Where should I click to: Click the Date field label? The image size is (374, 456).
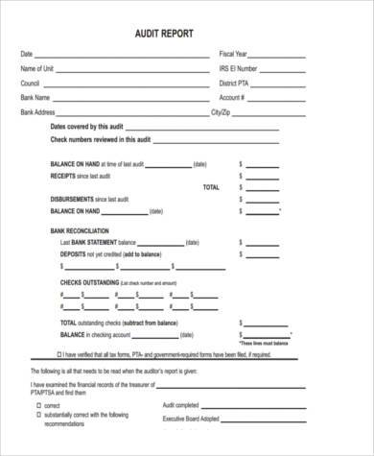[x=26, y=54]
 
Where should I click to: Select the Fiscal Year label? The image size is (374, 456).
[x=233, y=54]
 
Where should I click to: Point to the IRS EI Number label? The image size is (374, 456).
[x=238, y=68]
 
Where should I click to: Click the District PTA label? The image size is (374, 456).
[x=234, y=84]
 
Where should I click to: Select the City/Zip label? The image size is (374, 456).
[x=222, y=112]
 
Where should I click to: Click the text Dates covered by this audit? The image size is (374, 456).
[x=86, y=127]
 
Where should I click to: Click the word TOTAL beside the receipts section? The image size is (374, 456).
[x=211, y=187]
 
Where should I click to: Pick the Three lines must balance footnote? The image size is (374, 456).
[x=264, y=343]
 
